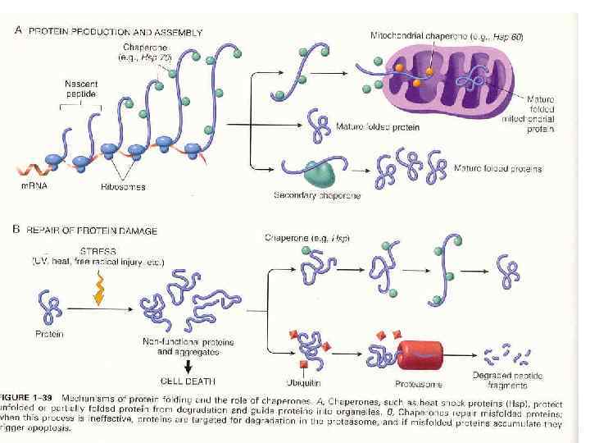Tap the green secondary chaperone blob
[x=321, y=172]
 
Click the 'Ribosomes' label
[x=123, y=187]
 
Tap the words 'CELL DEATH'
[x=187, y=381]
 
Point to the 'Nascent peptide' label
[x=80, y=89]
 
